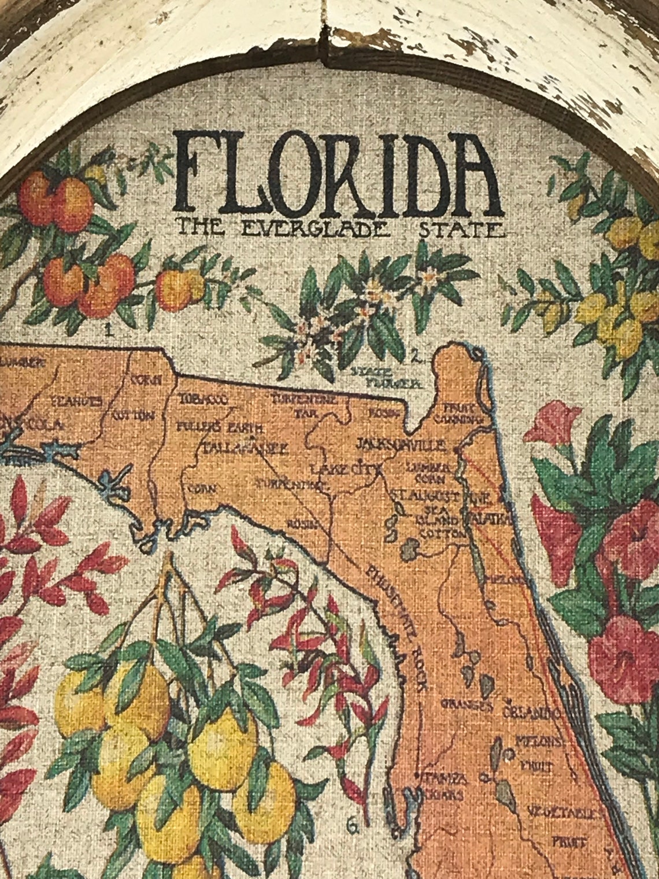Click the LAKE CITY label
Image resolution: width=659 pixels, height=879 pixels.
pos(346,468)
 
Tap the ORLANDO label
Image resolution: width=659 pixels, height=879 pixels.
pos(531,711)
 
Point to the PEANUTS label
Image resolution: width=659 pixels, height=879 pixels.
pos(76,401)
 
